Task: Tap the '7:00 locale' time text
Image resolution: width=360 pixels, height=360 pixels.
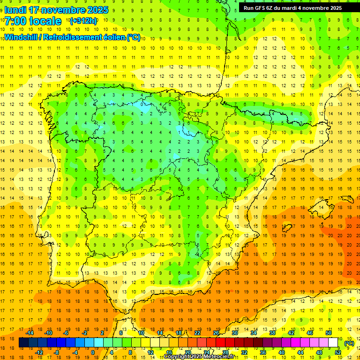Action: pyautogui.click(x=33, y=21)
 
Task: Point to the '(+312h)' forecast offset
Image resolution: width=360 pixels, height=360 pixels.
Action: pyautogui.click(x=83, y=21)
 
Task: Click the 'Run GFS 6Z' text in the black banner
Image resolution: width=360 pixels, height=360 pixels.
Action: pyautogui.click(x=259, y=8)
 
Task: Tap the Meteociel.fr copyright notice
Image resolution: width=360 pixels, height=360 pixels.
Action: pyautogui.click(x=199, y=357)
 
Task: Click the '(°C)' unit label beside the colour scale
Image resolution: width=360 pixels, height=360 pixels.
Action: pyautogui.click(x=349, y=343)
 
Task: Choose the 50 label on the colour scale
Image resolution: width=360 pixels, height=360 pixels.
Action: pyautogui.click(x=329, y=333)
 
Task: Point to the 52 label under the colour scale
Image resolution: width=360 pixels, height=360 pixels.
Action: pyautogui.click(x=338, y=352)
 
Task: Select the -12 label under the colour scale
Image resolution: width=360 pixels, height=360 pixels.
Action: pyautogui.click(x=39, y=352)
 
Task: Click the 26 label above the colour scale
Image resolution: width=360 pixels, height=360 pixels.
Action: pyautogui.click(x=216, y=333)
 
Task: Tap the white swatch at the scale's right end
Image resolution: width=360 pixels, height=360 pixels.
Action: pyautogui.click(x=333, y=343)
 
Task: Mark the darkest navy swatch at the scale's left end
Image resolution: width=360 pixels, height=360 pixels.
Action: pyautogui.click(x=23, y=343)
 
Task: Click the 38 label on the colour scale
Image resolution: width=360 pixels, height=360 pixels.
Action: pyautogui.click(x=272, y=333)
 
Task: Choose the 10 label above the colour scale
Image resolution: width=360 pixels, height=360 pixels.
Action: pyautogui.click(x=141, y=333)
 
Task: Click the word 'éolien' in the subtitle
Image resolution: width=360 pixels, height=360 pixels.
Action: pyautogui.click(x=113, y=37)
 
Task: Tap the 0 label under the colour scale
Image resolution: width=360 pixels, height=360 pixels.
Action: pyautogui.click(x=92, y=352)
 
